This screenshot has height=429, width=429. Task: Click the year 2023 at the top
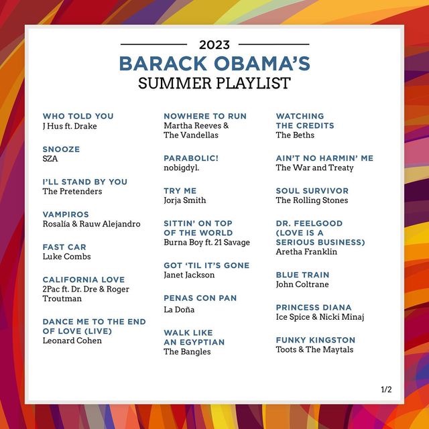214,45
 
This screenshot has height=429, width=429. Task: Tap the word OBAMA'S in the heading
262,64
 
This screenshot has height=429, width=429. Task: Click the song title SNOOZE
61,149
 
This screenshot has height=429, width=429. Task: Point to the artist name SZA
50,159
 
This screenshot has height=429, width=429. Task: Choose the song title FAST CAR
64,247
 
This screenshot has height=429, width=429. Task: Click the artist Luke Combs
67,257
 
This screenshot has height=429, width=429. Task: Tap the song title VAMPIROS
66,214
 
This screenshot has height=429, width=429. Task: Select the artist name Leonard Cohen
72,341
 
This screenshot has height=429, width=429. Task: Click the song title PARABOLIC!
191,158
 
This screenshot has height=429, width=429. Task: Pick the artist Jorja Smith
185,200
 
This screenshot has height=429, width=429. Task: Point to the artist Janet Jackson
189,275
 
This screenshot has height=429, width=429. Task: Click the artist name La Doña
179,310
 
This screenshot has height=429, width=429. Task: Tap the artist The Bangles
187,351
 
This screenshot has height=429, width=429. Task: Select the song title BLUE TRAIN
302,275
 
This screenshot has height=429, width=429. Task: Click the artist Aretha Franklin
306,252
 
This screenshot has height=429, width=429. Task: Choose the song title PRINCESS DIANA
314,307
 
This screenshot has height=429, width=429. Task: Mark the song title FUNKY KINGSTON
316,340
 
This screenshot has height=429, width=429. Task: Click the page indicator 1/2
386,389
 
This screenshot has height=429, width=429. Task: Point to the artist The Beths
295,135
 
